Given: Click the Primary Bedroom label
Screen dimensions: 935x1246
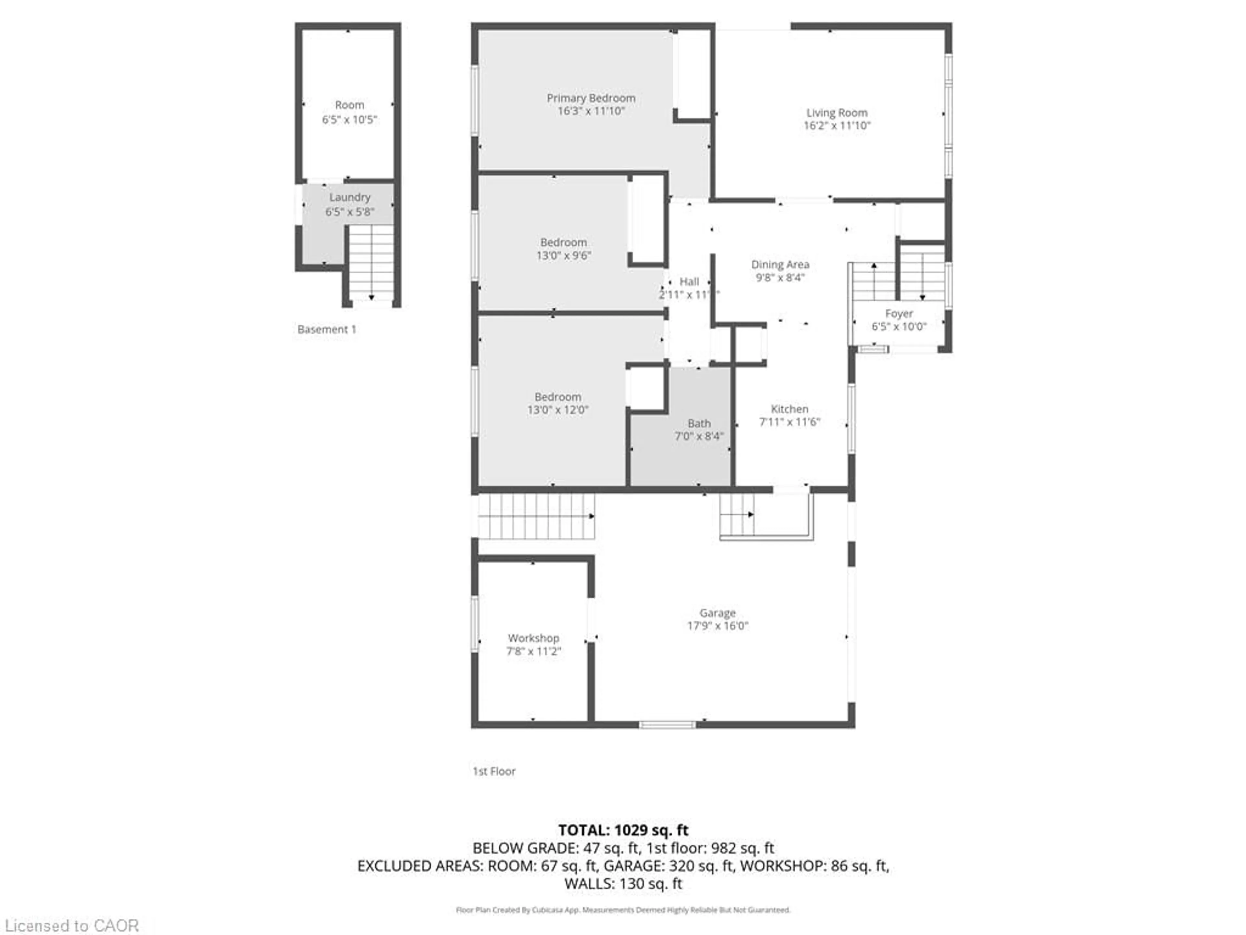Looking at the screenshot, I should pyautogui.click(x=591, y=98).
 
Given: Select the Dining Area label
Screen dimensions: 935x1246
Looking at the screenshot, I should pyautogui.click(x=780, y=264).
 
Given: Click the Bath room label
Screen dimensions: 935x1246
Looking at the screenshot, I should pyautogui.click(x=699, y=423).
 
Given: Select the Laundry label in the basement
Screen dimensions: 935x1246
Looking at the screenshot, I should pyautogui.click(x=350, y=197).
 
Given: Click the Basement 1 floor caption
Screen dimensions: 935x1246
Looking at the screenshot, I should pyautogui.click(x=327, y=329).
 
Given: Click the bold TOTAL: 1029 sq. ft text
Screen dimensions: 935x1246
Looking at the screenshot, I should pyautogui.click(x=623, y=830).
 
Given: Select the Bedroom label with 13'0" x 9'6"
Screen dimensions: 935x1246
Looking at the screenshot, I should pyautogui.click(x=563, y=242).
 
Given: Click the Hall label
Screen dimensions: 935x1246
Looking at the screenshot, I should pyautogui.click(x=689, y=281).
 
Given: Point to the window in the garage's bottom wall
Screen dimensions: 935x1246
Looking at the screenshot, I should pyautogui.click(x=667, y=725).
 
